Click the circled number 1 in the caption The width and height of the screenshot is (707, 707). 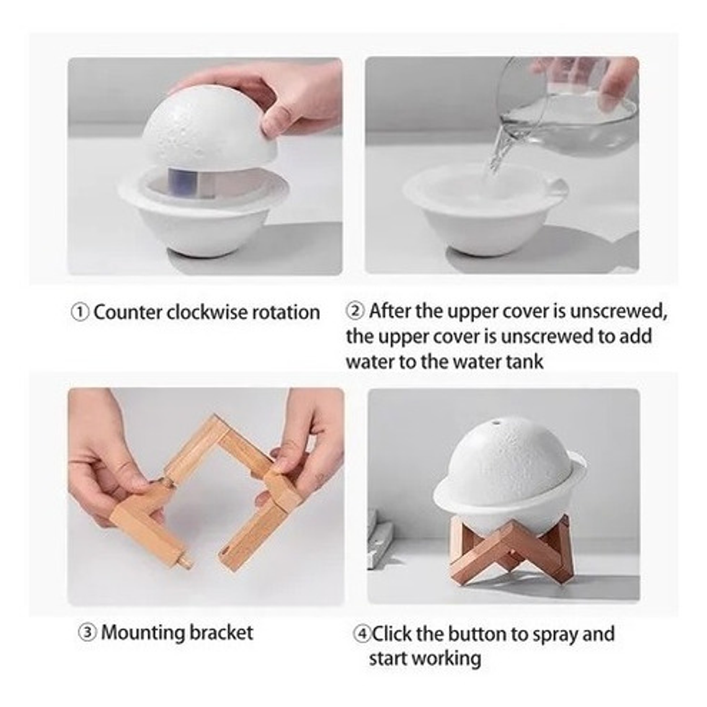(81, 312)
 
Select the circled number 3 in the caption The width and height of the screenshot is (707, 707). (88, 633)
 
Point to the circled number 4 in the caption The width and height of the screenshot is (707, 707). (362, 634)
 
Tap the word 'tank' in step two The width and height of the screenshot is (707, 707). (525, 361)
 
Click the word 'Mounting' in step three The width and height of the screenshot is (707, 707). (142, 633)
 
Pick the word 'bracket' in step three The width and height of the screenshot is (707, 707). (221, 633)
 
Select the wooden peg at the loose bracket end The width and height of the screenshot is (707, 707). (185, 564)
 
